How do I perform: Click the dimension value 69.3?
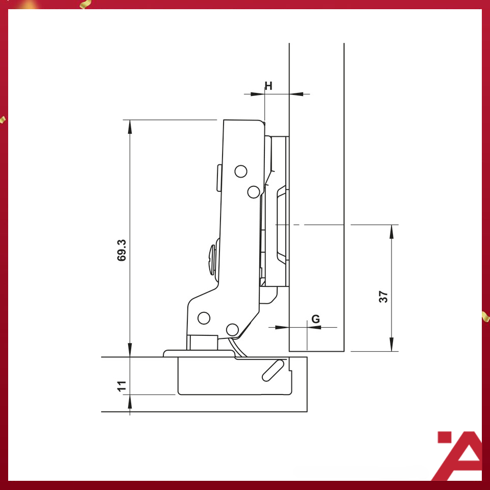121,250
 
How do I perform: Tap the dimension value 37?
383,297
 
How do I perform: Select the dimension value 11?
121,386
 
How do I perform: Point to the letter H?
268,86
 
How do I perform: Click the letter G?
315,319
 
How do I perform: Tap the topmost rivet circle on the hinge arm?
240,171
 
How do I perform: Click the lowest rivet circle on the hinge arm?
232,330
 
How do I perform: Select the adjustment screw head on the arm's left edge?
212,260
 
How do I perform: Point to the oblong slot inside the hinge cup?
273,371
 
